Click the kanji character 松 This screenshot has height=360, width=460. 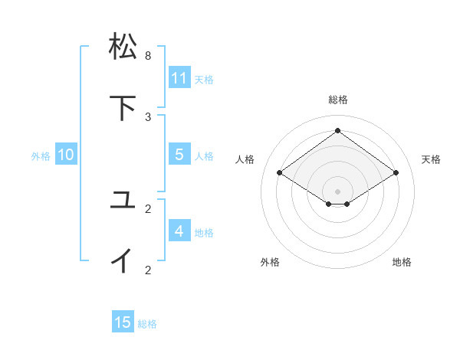123,47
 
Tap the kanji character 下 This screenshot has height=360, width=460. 123,107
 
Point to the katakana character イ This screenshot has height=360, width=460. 123,260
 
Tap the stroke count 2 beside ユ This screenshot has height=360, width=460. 148,208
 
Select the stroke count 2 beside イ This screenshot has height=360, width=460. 148,269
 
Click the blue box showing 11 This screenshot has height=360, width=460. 179,77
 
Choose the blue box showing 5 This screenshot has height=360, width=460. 179,154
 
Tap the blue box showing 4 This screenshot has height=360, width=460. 179,231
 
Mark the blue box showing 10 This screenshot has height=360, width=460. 66,155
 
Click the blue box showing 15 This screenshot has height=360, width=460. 123,322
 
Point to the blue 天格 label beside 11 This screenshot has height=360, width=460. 204,79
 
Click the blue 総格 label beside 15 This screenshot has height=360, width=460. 147,324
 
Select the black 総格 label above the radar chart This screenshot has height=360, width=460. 337,100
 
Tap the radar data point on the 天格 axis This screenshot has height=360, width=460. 396,173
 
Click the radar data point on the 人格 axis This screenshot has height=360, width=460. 280,173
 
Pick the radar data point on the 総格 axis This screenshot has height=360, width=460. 337,131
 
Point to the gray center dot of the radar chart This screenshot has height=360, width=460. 337,191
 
